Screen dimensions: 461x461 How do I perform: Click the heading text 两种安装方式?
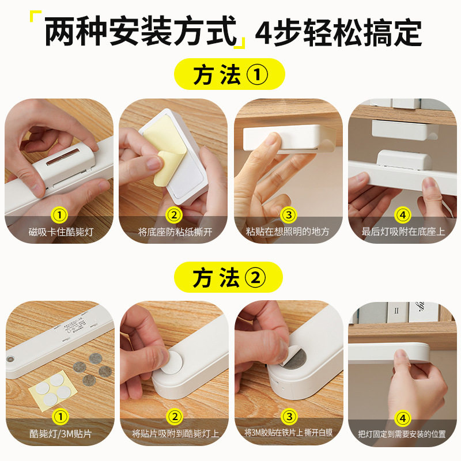(141, 32)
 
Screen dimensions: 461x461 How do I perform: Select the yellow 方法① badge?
(231, 75)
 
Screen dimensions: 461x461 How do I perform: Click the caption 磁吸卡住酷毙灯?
(60, 232)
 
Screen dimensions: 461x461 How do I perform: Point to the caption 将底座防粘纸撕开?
(174, 232)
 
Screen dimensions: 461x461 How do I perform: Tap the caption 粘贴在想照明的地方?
(288, 232)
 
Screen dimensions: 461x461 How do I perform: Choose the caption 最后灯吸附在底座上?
(402, 232)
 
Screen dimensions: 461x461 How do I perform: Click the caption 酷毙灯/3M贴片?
(60, 433)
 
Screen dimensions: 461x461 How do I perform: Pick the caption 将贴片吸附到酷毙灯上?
(174, 433)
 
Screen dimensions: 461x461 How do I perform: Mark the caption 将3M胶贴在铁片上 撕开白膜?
(288, 433)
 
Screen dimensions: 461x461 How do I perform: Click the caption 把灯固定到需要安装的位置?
(402, 433)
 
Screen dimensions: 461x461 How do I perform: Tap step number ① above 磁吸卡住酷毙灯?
(60, 215)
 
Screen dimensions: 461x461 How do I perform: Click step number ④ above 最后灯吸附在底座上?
(402, 215)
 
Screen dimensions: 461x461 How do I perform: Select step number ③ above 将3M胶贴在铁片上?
(288, 416)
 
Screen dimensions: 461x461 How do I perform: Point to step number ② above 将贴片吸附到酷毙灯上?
(174, 416)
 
